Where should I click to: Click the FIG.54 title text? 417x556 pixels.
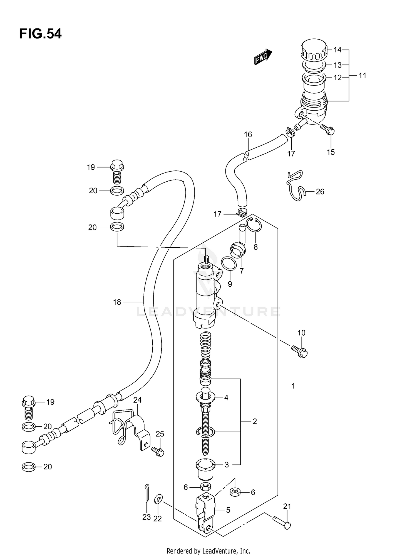click(41, 34)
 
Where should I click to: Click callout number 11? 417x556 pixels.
click(362, 75)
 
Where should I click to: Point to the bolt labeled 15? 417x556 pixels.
click(328, 130)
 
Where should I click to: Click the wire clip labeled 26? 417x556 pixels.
click(296, 186)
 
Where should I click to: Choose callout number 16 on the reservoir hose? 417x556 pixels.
click(248, 135)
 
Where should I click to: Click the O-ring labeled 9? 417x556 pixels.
click(229, 264)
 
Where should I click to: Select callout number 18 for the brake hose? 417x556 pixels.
click(117, 302)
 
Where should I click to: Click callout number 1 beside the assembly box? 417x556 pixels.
click(293, 386)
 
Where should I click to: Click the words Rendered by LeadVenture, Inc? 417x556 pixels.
click(208, 551)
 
